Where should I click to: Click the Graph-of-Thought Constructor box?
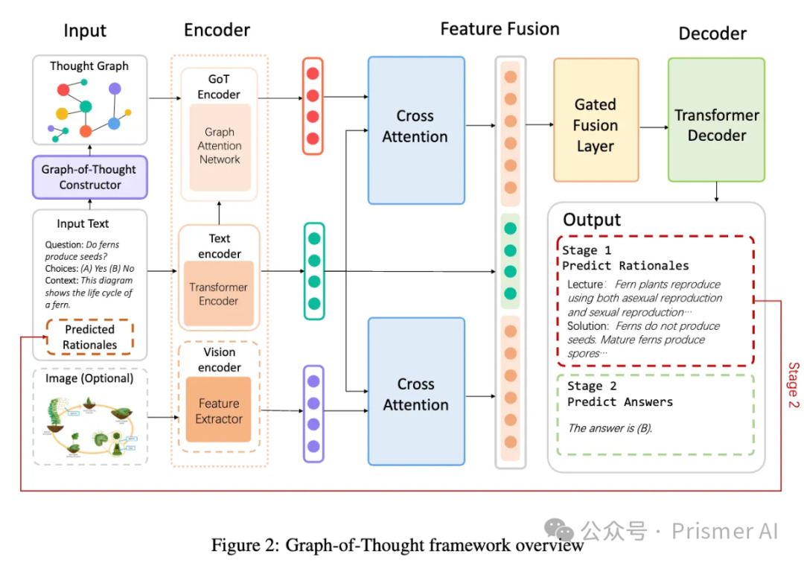point(89,177)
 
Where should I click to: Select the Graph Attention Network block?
point(220,146)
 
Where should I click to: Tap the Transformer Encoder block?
point(219,294)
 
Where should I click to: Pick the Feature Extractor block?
point(219,411)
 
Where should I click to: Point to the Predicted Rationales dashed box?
point(89,337)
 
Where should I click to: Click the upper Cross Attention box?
point(415,127)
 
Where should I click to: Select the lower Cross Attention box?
point(415,395)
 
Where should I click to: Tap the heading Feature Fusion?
point(500,29)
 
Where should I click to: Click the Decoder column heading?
point(712,34)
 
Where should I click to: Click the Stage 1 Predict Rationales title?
point(625,258)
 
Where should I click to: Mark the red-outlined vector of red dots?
point(313,106)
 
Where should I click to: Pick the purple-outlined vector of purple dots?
point(313,413)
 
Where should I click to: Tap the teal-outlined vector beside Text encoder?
point(314,271)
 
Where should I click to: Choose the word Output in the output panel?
point(592,220)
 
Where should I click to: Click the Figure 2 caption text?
point(398,545)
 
